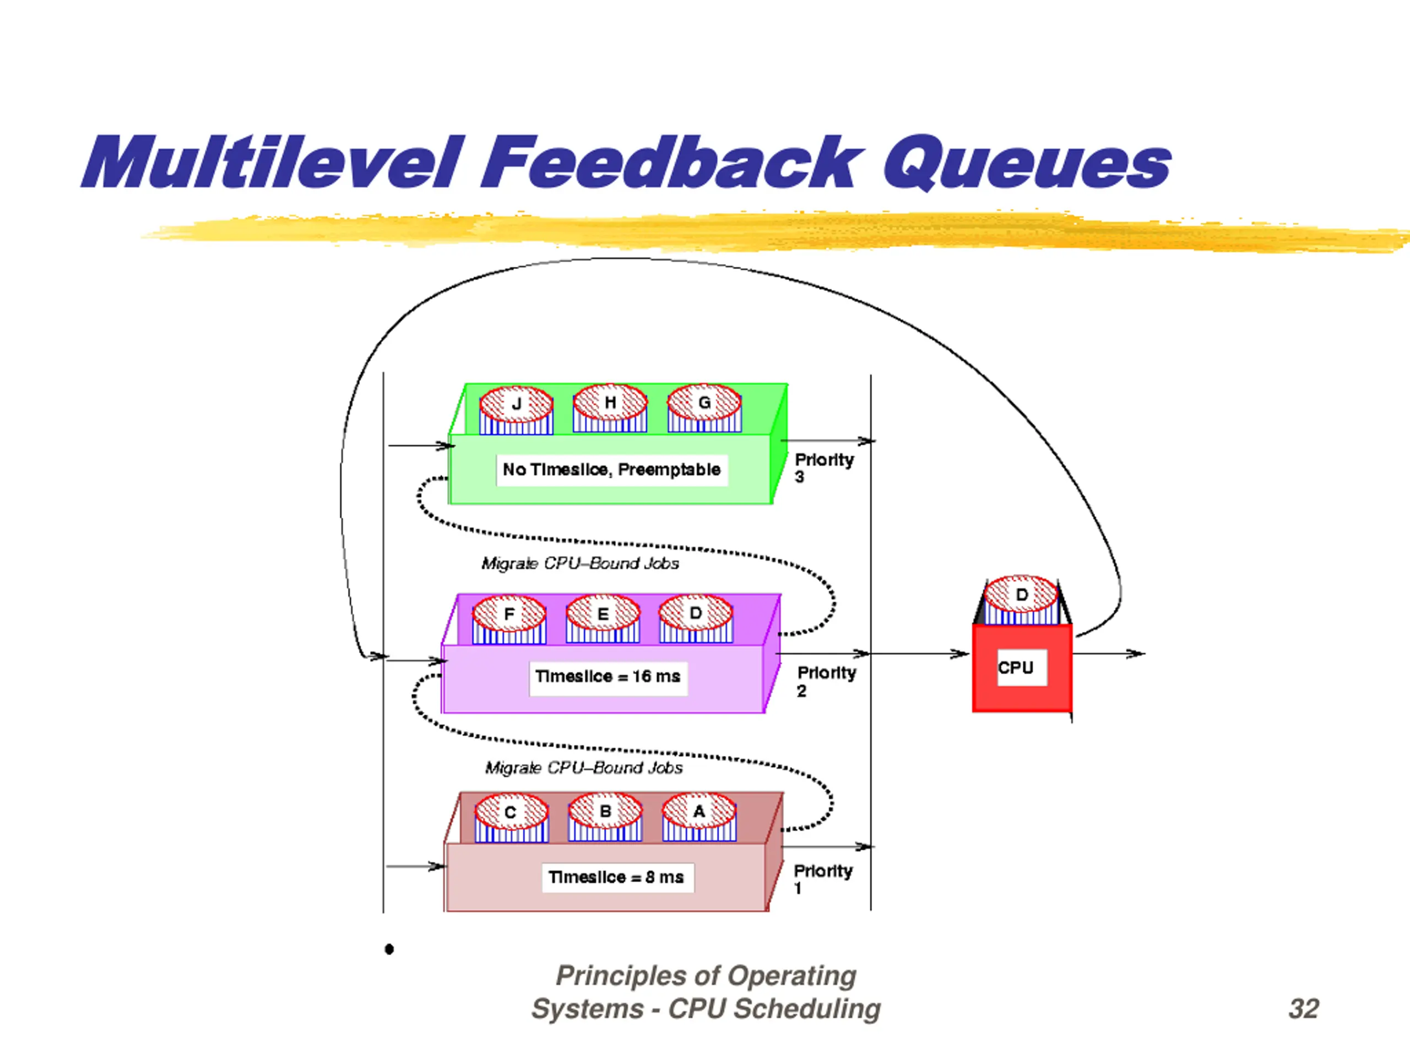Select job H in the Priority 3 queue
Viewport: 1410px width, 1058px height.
610,408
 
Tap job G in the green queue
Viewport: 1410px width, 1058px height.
704,408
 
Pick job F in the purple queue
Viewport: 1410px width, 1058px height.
509,620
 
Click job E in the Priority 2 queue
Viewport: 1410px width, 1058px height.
603,620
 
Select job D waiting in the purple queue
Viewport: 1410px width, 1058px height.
696,619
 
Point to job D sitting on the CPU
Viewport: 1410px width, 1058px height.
1021,601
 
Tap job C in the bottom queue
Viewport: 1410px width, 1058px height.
511,818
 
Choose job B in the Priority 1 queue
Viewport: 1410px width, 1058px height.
605,817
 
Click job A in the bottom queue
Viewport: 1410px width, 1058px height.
699,817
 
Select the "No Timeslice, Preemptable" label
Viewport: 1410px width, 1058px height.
611,470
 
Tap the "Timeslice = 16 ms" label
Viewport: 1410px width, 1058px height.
608,677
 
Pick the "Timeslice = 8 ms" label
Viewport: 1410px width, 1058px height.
616,877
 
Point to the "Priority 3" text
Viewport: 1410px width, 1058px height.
823,467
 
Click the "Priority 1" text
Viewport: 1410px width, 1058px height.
822,879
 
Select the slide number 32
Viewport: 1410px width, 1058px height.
1303,1008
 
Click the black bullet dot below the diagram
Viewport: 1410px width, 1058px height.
389,949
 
